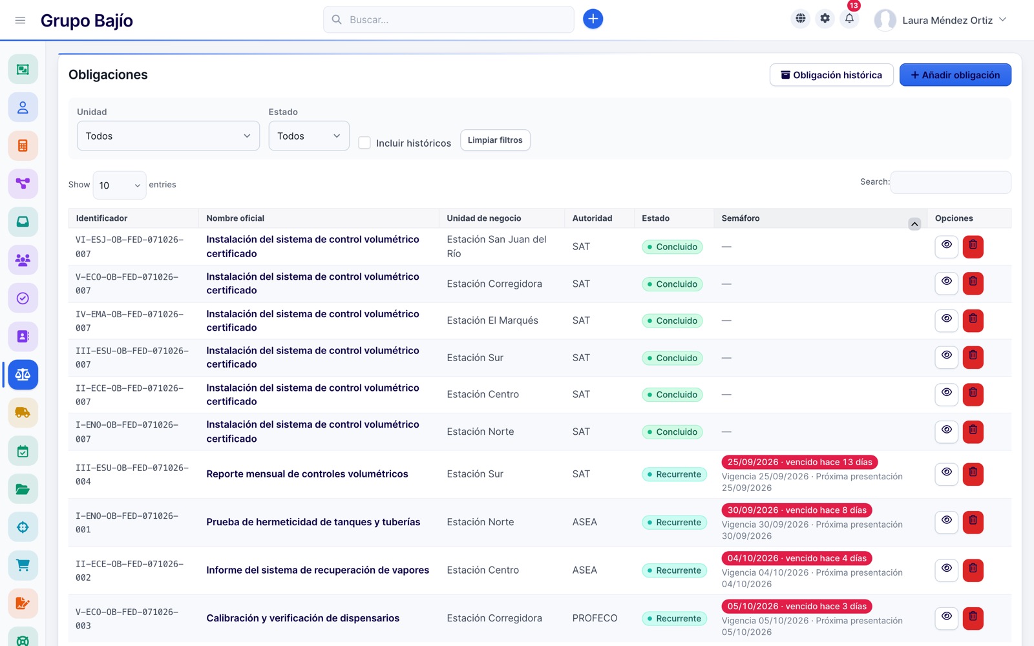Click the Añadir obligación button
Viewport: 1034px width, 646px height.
click(955, 75)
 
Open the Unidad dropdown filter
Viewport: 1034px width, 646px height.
click(168, 136)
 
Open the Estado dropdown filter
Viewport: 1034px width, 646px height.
click(309, 136)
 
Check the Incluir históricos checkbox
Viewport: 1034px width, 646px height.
click(364, 143)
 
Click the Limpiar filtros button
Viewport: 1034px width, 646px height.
click(495, 140)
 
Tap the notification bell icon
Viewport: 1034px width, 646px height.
click(849, 19)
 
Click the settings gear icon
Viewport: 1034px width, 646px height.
click(825, 19)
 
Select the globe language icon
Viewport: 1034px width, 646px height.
click(801, 19)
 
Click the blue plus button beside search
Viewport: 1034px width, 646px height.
click(593, 19)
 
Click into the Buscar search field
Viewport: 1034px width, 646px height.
click(448, 19)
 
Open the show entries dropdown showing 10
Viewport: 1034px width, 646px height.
click(120, 185)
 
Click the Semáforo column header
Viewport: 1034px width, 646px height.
click(741, 218)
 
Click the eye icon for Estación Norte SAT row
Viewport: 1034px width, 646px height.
click(946, 430)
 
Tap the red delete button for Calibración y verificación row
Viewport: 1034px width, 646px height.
click(973, 618)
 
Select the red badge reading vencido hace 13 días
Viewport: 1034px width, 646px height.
click(799, 462)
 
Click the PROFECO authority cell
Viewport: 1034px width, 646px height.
click(595, 618)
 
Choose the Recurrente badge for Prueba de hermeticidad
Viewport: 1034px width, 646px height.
click(674, 522)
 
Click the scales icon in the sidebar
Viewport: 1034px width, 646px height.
click(23, 375)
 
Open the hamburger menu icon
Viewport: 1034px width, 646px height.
click(20, 20)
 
